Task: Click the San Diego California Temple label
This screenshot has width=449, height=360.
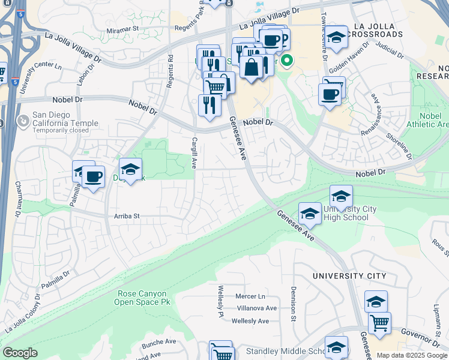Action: (65, 119)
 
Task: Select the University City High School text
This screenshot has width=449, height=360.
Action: (350, 212)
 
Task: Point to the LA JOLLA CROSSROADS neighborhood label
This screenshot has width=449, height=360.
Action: (379, 30)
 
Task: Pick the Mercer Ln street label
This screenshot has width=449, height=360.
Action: (250, 296)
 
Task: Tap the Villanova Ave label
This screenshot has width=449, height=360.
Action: (256, 308)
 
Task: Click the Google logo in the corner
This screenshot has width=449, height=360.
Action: (20, 353)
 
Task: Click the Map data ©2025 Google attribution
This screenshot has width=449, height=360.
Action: (412, 356)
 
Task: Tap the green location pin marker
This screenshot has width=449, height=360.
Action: (287, 61)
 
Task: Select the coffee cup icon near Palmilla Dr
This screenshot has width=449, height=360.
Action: (93, 177)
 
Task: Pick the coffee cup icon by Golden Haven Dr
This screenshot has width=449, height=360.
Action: (329, 95)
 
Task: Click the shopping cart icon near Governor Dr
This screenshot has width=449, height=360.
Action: (379, 323)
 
